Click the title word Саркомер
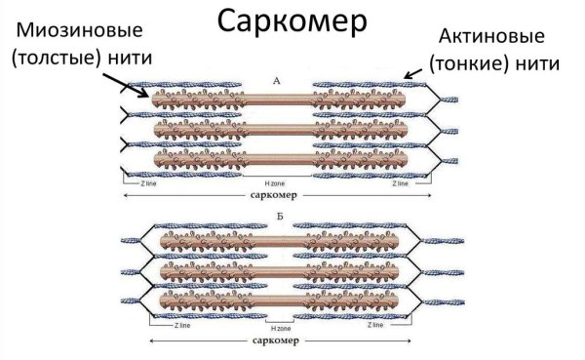coord(292,23)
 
